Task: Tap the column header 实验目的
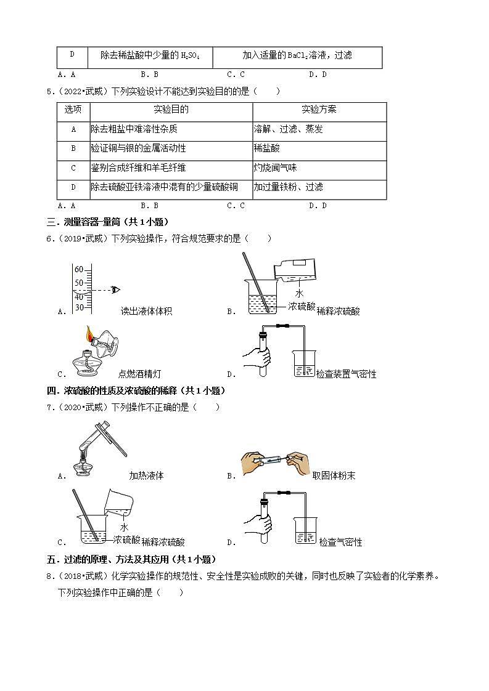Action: (x=171, y=110)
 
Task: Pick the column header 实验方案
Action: (x=319, y=110)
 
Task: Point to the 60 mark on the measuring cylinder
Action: (x=79, y=269)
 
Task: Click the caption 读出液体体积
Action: (x=146, y=312)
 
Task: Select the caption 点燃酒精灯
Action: (x=140, y=374)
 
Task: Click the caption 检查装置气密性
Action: (x=346, y=374)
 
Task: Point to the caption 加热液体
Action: (x=146, y=475)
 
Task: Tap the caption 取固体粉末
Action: (x=334, y=475)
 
